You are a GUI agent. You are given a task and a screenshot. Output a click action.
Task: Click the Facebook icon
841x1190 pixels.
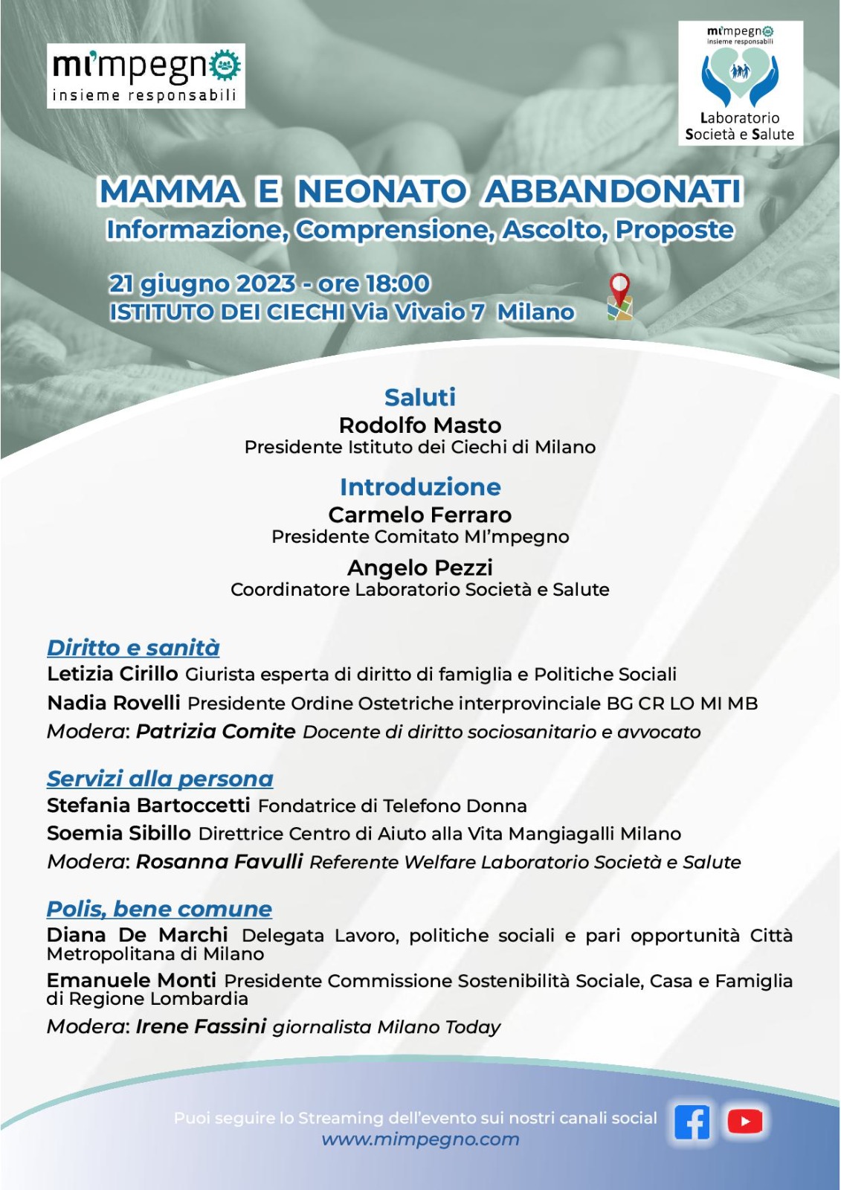point(692,1122)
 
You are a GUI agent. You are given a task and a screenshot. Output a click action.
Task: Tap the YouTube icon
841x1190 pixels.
point(745,1122)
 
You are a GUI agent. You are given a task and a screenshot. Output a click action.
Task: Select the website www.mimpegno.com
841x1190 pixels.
point(420,1139)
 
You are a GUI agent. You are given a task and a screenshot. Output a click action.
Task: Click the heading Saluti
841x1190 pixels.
point(420,397)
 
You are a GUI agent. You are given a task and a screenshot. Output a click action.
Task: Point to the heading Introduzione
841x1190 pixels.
point(420,487)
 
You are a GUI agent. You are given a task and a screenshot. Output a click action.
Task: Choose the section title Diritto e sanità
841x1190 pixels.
point(133,648)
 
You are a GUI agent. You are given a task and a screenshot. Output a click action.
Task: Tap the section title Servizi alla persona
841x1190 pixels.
point(160,779)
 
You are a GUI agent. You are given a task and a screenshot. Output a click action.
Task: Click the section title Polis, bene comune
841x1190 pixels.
point(159,909)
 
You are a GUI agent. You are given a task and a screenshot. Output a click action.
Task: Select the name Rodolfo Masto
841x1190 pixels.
point(420,425)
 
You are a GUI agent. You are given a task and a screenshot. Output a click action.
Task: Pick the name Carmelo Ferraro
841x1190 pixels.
point(420,515)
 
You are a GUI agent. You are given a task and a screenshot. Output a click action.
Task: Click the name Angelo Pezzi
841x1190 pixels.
point(420,568)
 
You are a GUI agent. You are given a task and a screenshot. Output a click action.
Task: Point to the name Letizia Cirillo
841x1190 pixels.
point(112,674)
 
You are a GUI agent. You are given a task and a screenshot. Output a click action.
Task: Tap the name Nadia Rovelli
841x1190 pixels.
point(114,703)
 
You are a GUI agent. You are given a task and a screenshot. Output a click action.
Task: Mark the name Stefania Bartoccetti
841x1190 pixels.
point(149,805)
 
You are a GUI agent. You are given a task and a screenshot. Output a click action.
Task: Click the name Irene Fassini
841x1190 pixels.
point(201,1026)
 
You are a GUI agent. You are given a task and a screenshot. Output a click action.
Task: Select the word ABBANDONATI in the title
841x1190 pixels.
point(613,191)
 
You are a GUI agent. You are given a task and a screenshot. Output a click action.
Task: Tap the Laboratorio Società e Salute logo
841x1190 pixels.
point(740,83)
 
